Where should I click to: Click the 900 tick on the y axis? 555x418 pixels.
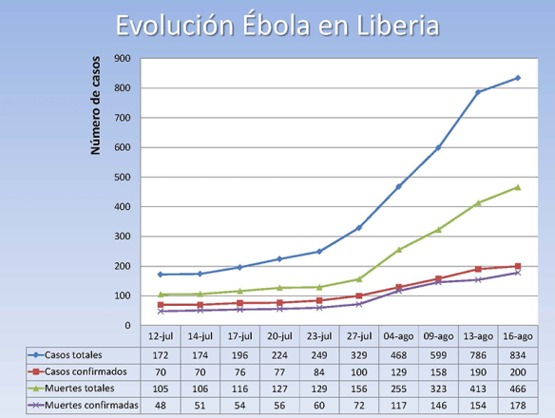tap(122, 59)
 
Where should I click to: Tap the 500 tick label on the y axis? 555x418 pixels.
tap(122, 177)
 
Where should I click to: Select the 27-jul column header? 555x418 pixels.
tap(358, 335)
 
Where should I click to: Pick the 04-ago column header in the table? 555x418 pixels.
tap(398, 335)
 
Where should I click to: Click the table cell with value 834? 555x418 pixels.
tap(517, 353)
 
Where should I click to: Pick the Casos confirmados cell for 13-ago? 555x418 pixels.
tap(477, 370)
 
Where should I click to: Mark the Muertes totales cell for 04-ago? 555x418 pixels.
tap(398, 388)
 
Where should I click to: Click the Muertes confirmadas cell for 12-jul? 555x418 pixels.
tap(160, 405)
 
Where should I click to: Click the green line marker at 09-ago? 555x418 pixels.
tap(438, 230)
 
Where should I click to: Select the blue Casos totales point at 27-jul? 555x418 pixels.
tap(358, 228)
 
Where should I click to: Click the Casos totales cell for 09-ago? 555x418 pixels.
tap(438, 353)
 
